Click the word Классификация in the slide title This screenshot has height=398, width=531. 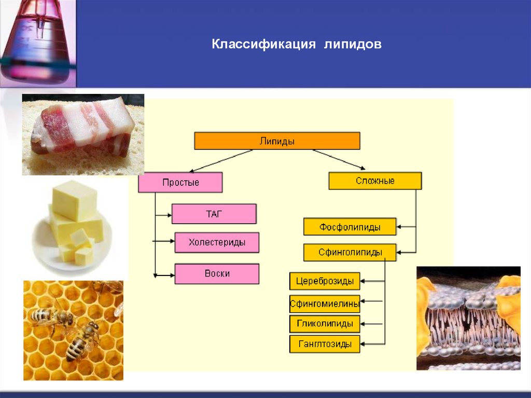263,45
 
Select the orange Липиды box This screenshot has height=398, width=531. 277,141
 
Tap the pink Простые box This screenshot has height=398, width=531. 180,183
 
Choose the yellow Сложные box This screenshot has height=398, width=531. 375,181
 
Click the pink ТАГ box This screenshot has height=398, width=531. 214,214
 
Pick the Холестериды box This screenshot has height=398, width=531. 217,242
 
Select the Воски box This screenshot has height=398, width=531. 217,273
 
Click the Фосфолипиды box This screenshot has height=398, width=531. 350,227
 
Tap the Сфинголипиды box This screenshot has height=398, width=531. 350,253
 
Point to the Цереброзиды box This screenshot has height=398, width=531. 325,281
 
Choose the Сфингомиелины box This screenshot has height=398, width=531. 325,303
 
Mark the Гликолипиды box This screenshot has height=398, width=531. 325,324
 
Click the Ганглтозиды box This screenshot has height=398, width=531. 325,344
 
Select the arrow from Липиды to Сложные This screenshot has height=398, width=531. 339,159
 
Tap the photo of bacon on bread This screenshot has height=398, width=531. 83,134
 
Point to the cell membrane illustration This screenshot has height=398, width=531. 468,318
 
